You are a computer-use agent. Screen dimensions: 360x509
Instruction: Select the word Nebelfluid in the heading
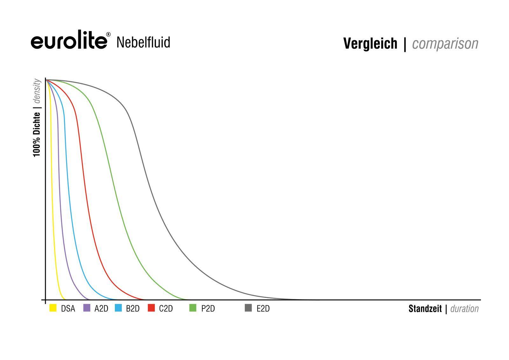(x=143, y=42)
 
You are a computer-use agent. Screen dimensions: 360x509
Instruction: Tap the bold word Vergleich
(x=370, y=44)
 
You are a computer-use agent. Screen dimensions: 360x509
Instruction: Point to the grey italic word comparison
(x=445, y=44)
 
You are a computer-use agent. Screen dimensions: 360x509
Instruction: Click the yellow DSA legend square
(x=53, y=308)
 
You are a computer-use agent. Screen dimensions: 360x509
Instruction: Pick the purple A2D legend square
(x=87, y=308)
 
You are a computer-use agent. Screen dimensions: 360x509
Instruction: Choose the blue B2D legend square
(x=118, y=308)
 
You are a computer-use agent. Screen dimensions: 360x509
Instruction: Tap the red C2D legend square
(x=151, y=308)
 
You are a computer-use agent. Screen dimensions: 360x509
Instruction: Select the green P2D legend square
(x=193, y=308)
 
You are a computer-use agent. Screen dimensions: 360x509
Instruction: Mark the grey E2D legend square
(x=248, y=308)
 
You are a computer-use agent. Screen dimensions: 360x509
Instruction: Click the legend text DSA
(x=68, y=309)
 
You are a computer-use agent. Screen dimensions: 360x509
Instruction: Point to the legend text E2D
(x=263, y=309)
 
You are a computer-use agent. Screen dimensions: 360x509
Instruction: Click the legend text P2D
(x=208, y=309)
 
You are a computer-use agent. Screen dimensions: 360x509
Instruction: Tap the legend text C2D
(x=166, y=309)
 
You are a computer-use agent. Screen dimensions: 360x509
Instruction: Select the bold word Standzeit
(x=425, y=309)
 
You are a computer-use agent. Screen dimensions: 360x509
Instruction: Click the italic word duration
(x=464, y=309)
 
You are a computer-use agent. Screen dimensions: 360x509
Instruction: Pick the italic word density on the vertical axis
(x=37, y=91)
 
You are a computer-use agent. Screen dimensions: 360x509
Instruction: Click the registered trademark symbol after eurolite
(x=108, y=34)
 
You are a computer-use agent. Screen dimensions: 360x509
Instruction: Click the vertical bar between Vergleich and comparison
(x=405, y=44)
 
